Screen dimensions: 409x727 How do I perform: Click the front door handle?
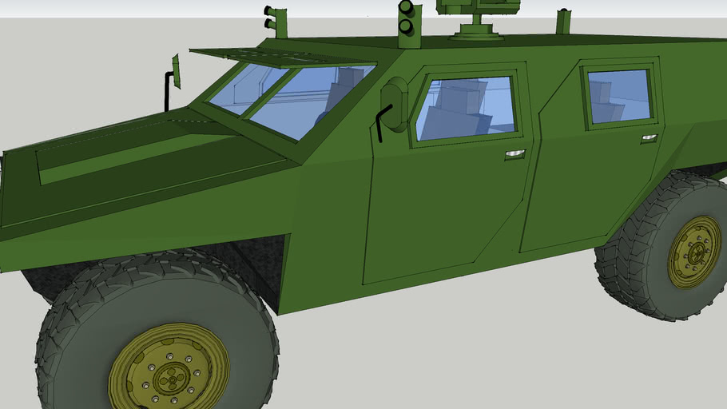click(x=515, y=154)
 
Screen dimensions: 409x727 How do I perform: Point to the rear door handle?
click(x=649, y=138)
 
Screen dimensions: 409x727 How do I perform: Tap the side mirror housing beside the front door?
click(x=395, y=103)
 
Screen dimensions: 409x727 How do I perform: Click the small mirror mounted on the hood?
click(x=176, y=71)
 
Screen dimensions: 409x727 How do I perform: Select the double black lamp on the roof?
click(x=406, y=18)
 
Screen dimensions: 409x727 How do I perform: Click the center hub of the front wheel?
click(x=169, y=375)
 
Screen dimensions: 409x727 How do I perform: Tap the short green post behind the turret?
click(x=564, y=22)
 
